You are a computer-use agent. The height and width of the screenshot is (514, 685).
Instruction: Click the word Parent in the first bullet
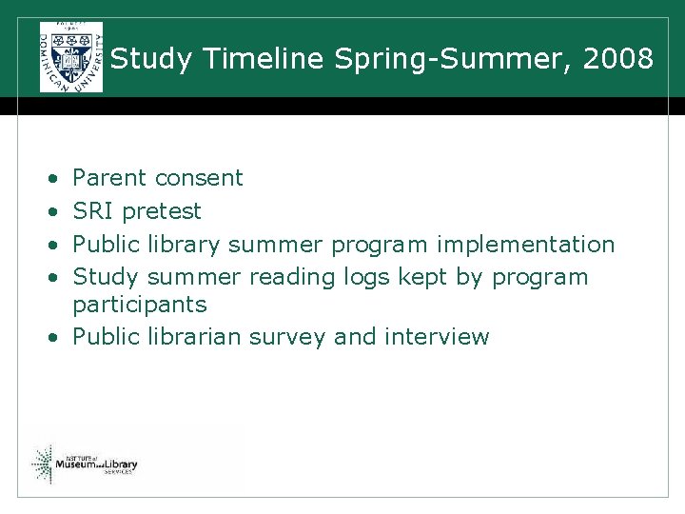(109, 178)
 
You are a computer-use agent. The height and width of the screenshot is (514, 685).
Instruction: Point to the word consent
(199, 178)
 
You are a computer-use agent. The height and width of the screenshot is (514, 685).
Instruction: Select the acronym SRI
(93, 210)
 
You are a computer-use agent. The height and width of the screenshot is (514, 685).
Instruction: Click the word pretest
(163, 210)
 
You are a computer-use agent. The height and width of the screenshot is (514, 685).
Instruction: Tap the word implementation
(525, 244)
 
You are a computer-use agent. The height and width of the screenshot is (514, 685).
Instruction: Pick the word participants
(139, 306)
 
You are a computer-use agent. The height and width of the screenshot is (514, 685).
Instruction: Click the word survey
(290, 337)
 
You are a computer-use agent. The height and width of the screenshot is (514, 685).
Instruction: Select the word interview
(437, 337)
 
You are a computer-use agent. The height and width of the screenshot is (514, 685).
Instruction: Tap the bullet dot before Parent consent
(56, 179)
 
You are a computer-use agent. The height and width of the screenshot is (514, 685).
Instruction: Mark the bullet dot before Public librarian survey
(56, 338)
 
